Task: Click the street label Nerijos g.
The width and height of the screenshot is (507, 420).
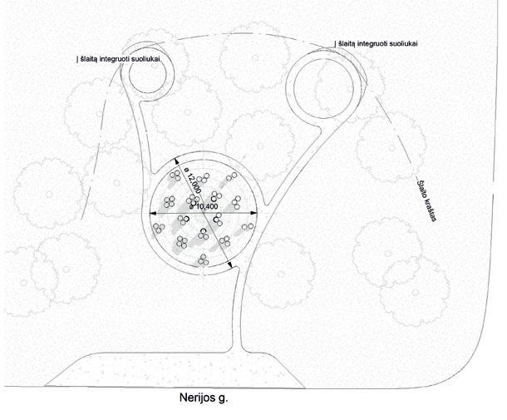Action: click(x=204, y=398)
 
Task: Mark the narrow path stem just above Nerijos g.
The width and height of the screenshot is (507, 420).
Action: click(x=239, y=324)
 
